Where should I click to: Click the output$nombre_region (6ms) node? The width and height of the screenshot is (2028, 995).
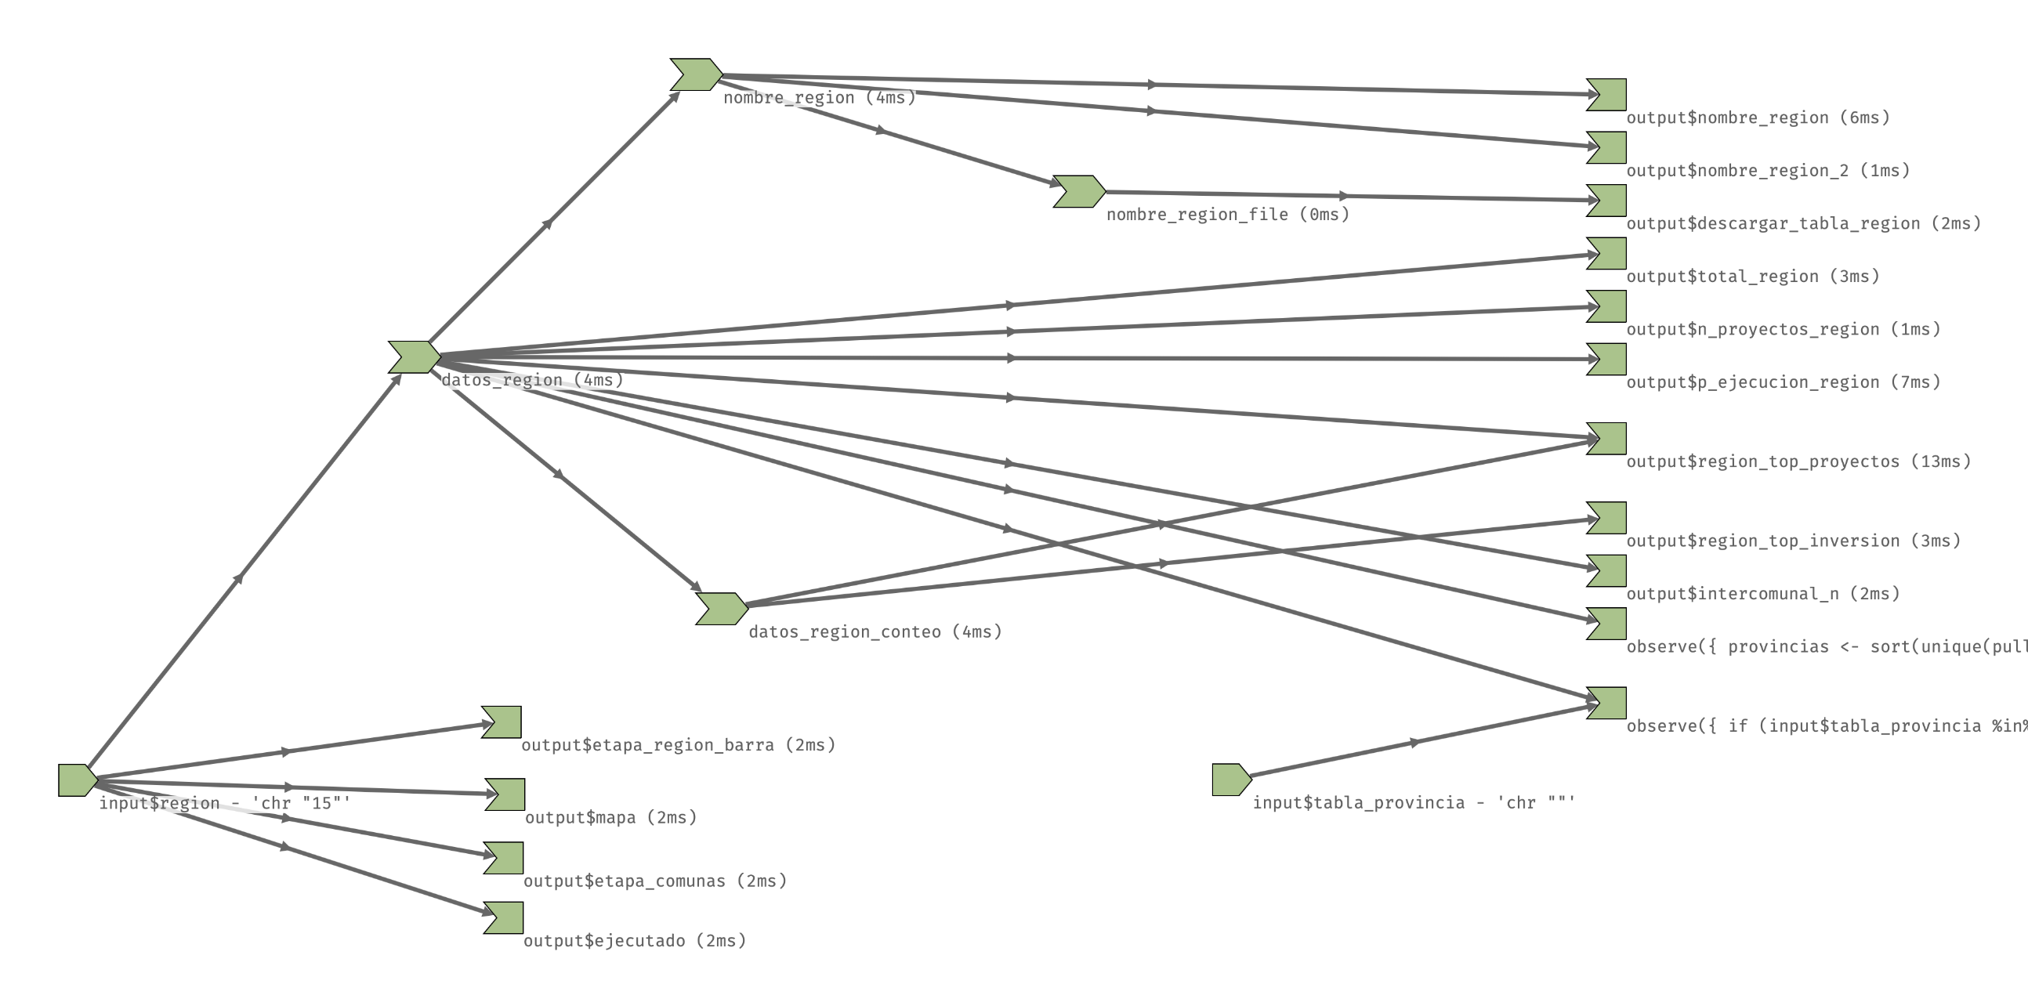(1607, 95)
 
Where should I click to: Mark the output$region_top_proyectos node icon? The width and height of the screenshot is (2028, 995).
(1607, 439)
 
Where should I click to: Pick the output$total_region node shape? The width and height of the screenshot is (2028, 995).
(1607, 254)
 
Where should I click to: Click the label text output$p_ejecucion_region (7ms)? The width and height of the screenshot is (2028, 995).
(1784, 382)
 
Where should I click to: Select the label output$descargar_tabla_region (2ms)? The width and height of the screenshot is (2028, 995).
(1803, 223)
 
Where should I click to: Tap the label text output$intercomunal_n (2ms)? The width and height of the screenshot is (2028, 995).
(1762, 595)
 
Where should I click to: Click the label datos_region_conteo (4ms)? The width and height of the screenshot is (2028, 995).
(875, 632)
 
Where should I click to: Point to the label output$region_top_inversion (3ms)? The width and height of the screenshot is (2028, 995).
(1793, 541)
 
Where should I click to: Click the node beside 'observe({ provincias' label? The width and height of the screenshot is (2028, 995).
(1607, 624)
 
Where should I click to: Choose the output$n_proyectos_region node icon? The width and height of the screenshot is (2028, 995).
(1607, 306)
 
